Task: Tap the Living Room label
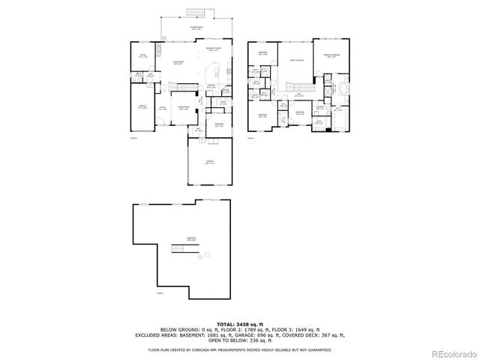click(179, 63)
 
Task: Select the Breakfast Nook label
click(212, 50)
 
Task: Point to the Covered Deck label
click(196, 28)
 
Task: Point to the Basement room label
click(192, 239)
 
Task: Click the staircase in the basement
click(179, 249)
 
